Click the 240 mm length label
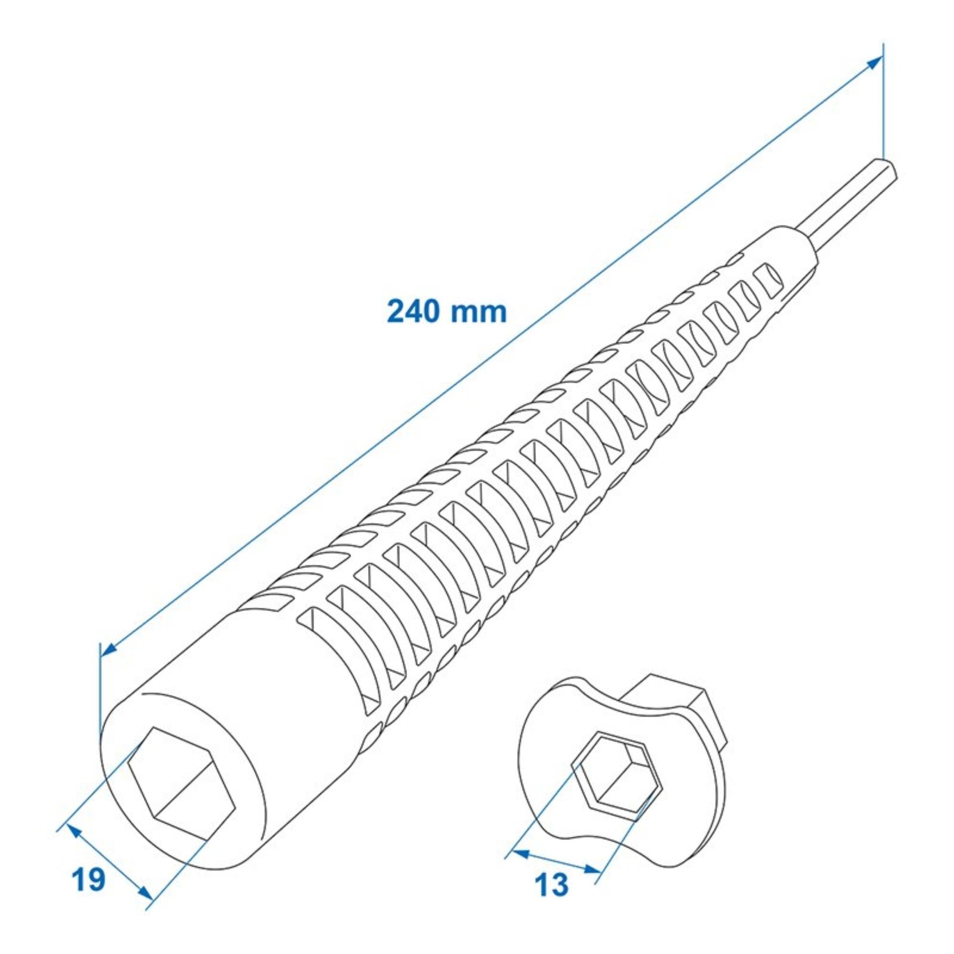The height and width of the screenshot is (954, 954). [x=447, y=312]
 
